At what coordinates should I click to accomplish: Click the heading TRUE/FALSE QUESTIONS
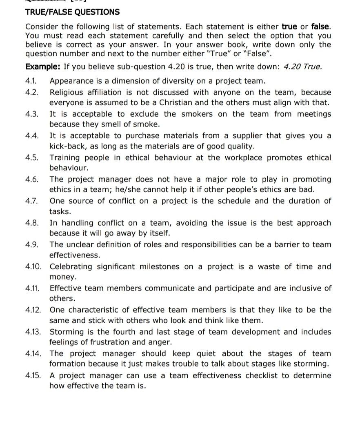[72, 12]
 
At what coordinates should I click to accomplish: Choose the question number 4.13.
[33, 332]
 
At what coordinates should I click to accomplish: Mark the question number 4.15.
[33, 375]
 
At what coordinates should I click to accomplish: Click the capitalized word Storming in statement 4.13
[66, 332]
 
